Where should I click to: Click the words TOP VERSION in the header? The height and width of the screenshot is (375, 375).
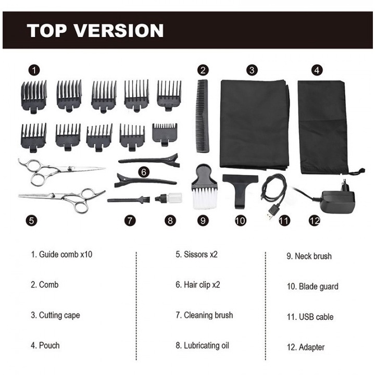tap(95, 30)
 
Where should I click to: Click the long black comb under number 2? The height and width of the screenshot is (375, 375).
tap(202, 115)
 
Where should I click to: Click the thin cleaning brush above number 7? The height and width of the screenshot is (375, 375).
tap(129, 199)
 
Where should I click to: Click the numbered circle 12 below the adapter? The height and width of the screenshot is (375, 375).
tap(314, 220)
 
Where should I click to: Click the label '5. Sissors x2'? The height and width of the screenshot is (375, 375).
tap(196, 255)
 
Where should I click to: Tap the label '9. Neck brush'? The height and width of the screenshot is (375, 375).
tap(309, 256)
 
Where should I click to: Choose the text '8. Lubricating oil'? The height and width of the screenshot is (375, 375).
tap(202, 345)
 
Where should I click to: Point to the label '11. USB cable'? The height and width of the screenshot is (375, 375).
tap(310, 317)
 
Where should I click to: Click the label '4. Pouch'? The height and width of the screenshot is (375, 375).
tap(45, 345)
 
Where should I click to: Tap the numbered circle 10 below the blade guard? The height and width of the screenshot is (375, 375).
tap(239, 220)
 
